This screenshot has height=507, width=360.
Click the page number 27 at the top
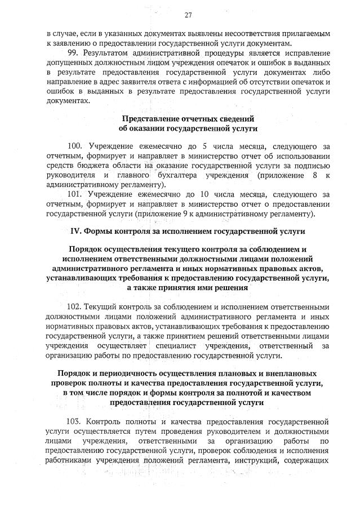click(x=188, y=15)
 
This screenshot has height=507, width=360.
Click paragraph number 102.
click(x=74, y=308)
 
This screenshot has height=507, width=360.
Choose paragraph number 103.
click(x=74, y=421)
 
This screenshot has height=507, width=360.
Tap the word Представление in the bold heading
click(x=148, y=119)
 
